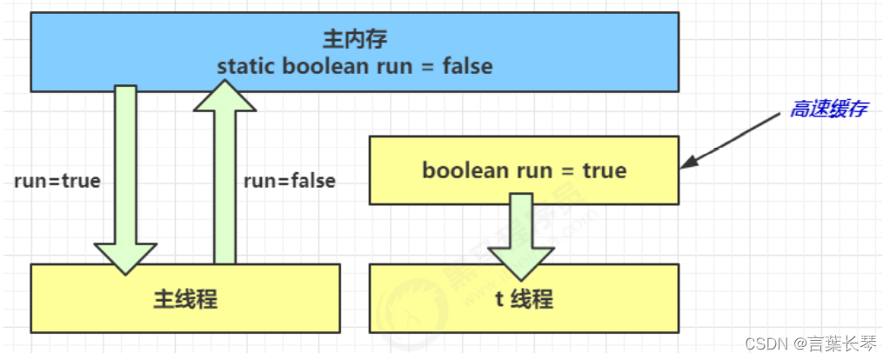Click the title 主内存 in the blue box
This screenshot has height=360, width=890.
(x=354, y=41)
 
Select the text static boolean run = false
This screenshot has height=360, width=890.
(x=354, y=66)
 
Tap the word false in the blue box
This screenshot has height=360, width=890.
(x=467, y=66)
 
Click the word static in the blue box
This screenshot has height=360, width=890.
(x=244, y=66)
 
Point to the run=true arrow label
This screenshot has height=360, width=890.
(x=57, y=182)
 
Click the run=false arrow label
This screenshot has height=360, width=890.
(x=289, y=182)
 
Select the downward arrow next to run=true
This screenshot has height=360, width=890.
(x=126, y=174)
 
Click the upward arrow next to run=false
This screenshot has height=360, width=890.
(x=224, y=174)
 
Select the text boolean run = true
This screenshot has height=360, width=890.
(x=524, y=170)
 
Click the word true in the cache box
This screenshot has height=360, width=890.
(x=604, y=170)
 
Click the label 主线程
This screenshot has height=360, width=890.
(x=184, y=300)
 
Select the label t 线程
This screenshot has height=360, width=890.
(x=524, y=300)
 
